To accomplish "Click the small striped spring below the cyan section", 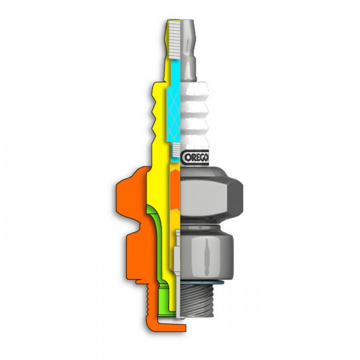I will click(176, 148).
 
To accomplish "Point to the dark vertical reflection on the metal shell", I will click(207, 252).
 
